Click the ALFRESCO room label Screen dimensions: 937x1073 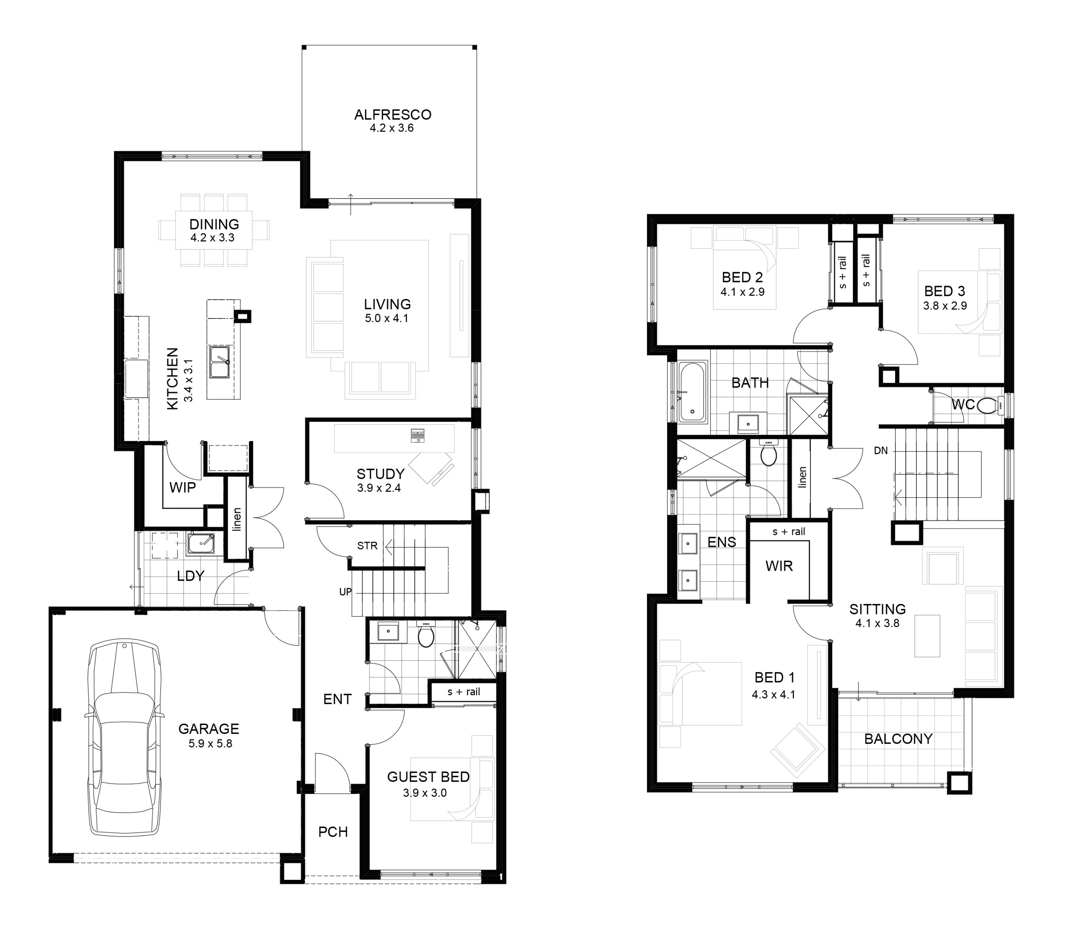[393, 114]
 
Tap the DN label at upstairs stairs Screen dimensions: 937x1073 [881, 451]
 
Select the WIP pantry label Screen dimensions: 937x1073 [182, 487]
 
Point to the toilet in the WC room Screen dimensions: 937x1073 [987, 405]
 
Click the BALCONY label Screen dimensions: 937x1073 [898, 739]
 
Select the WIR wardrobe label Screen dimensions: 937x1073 [778, 566]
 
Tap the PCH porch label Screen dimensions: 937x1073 [333, 831]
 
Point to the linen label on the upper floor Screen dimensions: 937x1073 [802, 477]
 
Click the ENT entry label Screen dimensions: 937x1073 [337, 699]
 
